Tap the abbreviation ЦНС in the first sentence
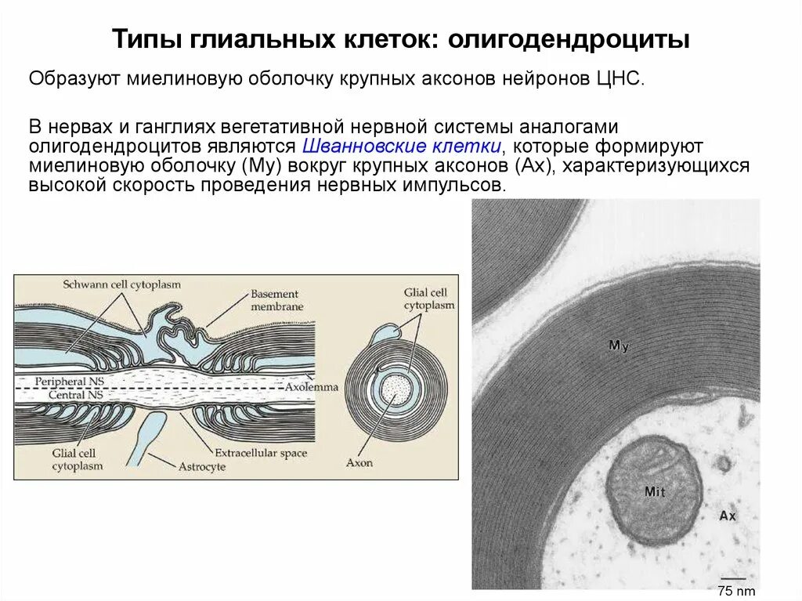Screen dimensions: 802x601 pos(623,79)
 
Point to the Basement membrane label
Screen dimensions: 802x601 pos(276,301)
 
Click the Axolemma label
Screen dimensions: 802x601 pos(311,387)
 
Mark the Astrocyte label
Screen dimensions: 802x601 pos(203,466)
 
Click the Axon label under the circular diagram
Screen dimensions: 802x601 pos(359,462)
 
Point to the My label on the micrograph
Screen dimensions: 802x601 pos(620,346)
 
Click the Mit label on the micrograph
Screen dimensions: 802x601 pos(655,491)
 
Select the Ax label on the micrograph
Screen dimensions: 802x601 pos(728,516)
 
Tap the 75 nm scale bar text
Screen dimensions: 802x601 pos(736,591)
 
